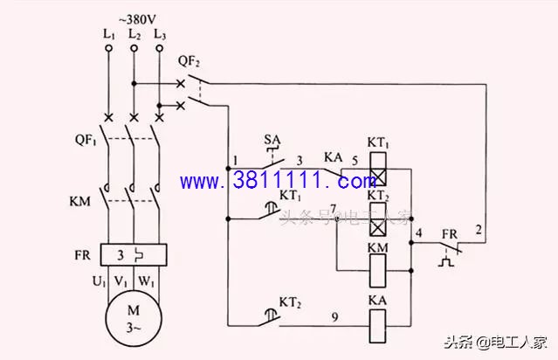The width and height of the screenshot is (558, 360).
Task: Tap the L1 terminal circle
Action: (108, 50)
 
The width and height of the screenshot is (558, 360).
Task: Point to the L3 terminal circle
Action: (159, 50)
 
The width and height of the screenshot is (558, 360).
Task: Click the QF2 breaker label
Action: (189, 61)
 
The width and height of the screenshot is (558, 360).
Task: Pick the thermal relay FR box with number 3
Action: (134, 254)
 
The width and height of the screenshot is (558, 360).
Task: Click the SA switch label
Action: (272, 139)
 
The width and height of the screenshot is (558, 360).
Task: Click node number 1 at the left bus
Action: (235, 161)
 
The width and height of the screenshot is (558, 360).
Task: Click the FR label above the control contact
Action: (449, 235)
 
